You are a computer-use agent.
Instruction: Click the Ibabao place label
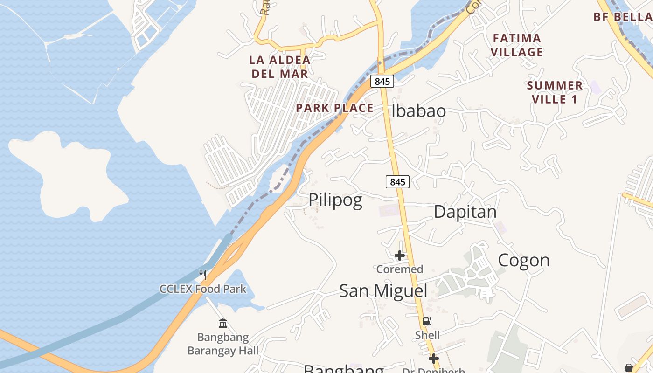pos(418,111)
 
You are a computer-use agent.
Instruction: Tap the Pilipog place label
pos(335,200)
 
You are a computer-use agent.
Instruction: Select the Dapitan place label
pos(465,212)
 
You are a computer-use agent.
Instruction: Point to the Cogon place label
pos(523,260)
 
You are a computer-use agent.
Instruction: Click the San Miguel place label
pos(383,290)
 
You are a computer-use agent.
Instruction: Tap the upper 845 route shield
pos(382,81)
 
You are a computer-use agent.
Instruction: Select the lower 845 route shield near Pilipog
pos(397,182)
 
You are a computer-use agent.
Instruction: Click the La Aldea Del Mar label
pos(280,67)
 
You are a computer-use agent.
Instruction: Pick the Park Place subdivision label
pos(334,108)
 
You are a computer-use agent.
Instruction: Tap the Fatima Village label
pos(517,45)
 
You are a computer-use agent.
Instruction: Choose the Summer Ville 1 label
pos(555,92)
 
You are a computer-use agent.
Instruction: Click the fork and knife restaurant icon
pos(202,275)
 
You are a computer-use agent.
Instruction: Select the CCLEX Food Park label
pos(203,289)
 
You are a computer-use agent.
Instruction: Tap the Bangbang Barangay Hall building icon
pos(223,323)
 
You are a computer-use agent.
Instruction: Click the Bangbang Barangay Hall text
pos(223,344)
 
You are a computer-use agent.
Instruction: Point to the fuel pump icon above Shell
pos(427,321)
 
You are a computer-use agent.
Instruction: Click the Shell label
pos(427,335)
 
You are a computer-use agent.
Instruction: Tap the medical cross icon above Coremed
pos(400,255)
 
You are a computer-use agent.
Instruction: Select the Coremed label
pos(400,269)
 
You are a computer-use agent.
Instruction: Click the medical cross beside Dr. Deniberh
pos(434,359)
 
